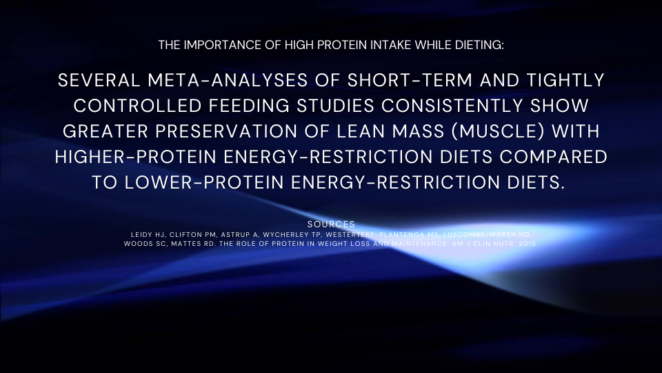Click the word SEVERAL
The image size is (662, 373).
[99, 80]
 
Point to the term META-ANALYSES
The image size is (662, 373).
[228, 80]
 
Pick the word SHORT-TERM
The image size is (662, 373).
[410, 80]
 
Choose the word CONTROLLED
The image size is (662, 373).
[137, 106]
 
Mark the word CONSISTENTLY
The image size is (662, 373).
[452, 106]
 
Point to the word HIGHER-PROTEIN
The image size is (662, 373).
[136, 157]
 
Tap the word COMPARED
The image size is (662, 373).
[554, 157]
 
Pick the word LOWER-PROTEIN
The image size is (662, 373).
[204, 182]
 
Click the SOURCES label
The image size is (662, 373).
[331, 224]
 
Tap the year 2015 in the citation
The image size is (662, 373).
[528, 244]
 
